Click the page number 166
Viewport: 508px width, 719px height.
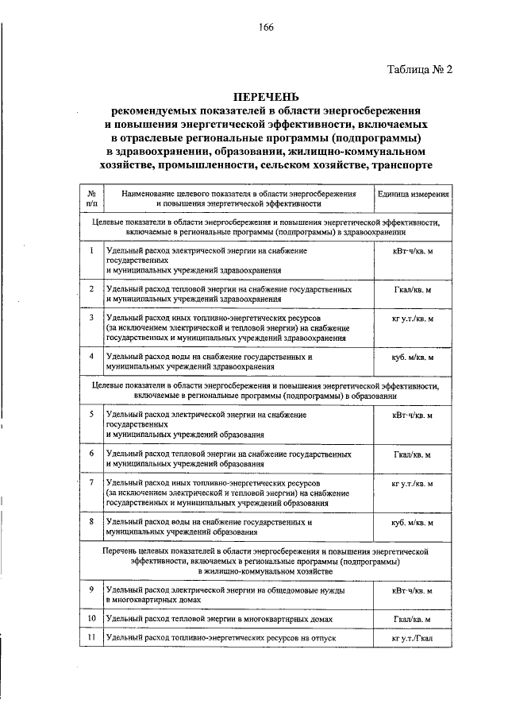click(265, 27)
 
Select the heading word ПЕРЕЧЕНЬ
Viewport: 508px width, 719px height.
click(265, 96)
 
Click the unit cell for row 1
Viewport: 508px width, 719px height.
click(413, 251)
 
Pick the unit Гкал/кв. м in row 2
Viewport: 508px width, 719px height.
click(413, 290)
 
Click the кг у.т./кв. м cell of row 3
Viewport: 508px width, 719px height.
click(413, 319)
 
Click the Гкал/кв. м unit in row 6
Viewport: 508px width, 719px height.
click(413, 454)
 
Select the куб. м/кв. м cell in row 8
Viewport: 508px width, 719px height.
click(413, 523)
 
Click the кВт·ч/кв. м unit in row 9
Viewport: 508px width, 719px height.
click(413, 591)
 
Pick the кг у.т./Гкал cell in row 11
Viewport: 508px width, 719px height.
click(413, 639)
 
